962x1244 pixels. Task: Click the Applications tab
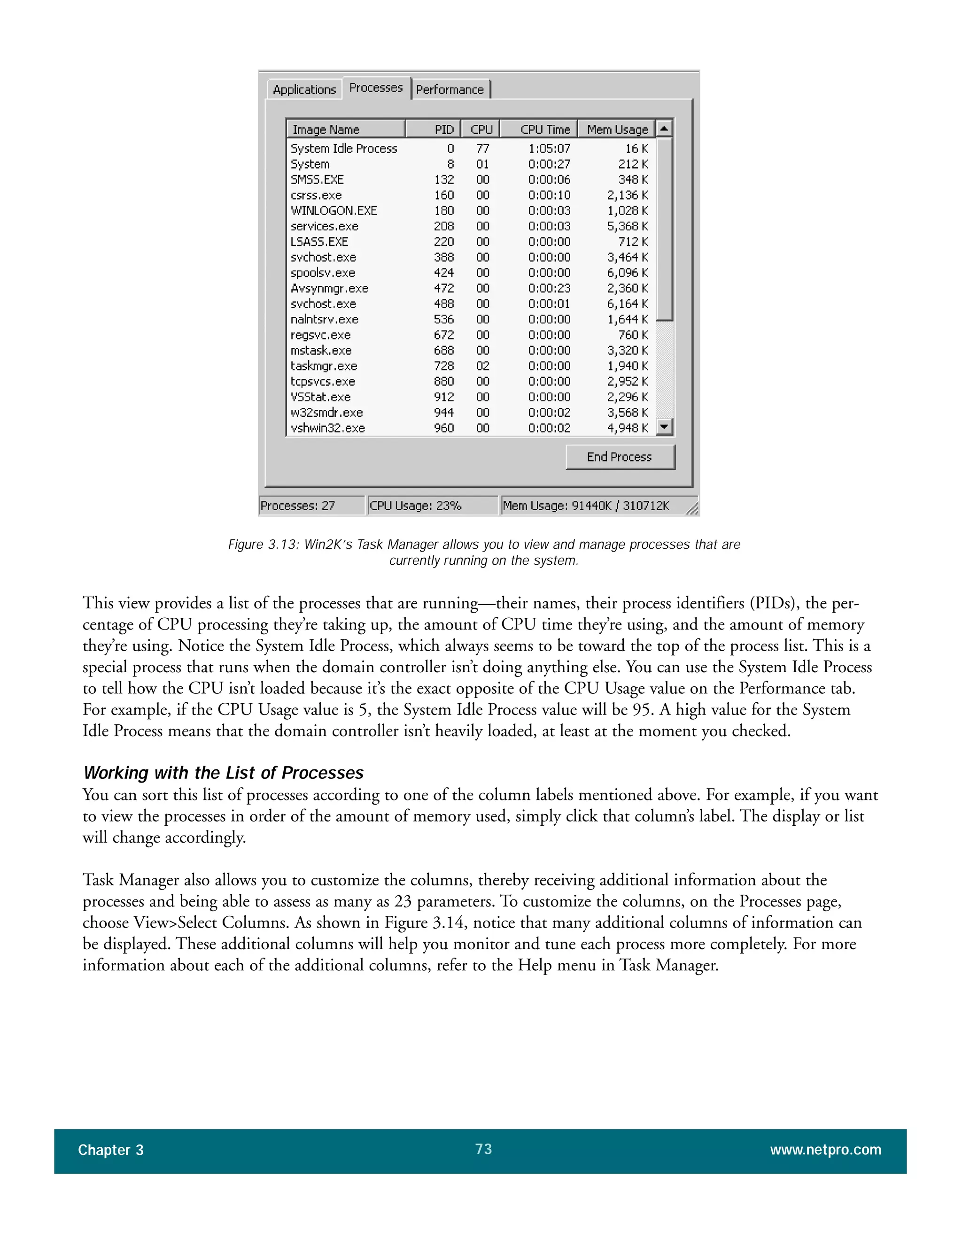tap(304, 89)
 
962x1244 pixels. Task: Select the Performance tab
tap(450, 89)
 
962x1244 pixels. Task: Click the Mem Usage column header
tap(617, 129)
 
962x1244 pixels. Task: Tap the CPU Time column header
tap(544, 129)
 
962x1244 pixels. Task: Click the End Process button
tap(620, 457)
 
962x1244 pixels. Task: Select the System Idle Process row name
tap(344, 149)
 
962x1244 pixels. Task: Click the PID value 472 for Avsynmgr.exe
tap(444, 288)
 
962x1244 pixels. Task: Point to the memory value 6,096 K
tap(627, 273)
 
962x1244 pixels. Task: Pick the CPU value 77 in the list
tap(483, 149)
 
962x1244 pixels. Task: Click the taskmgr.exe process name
tap(324, 366)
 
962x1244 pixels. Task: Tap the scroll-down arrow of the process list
tap(664, 427)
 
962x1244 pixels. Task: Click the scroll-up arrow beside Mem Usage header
tap(664, 129)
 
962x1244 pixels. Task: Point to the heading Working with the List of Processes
tap(224, 773)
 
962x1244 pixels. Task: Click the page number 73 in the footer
tap(483, 1149)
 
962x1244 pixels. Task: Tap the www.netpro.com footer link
tap(825, 1150)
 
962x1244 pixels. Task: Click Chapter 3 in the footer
tap(110, 1150)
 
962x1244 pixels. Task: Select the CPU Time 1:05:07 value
tap(549, 149)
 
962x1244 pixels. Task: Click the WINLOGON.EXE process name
tap(334, 211)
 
